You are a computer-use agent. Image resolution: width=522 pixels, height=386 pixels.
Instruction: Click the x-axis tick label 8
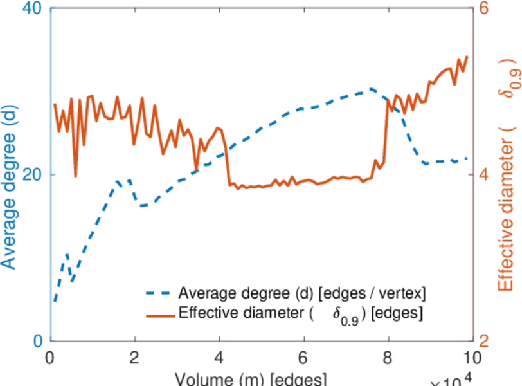coord(388,356)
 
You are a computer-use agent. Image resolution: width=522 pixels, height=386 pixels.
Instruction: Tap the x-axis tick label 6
coord(303,356)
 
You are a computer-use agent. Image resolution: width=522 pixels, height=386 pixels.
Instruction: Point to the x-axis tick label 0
coord(50,356)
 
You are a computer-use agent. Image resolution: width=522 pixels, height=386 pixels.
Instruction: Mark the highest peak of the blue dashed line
coord(371,89)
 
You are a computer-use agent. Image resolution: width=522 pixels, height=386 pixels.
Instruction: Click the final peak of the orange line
coord(467,57)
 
